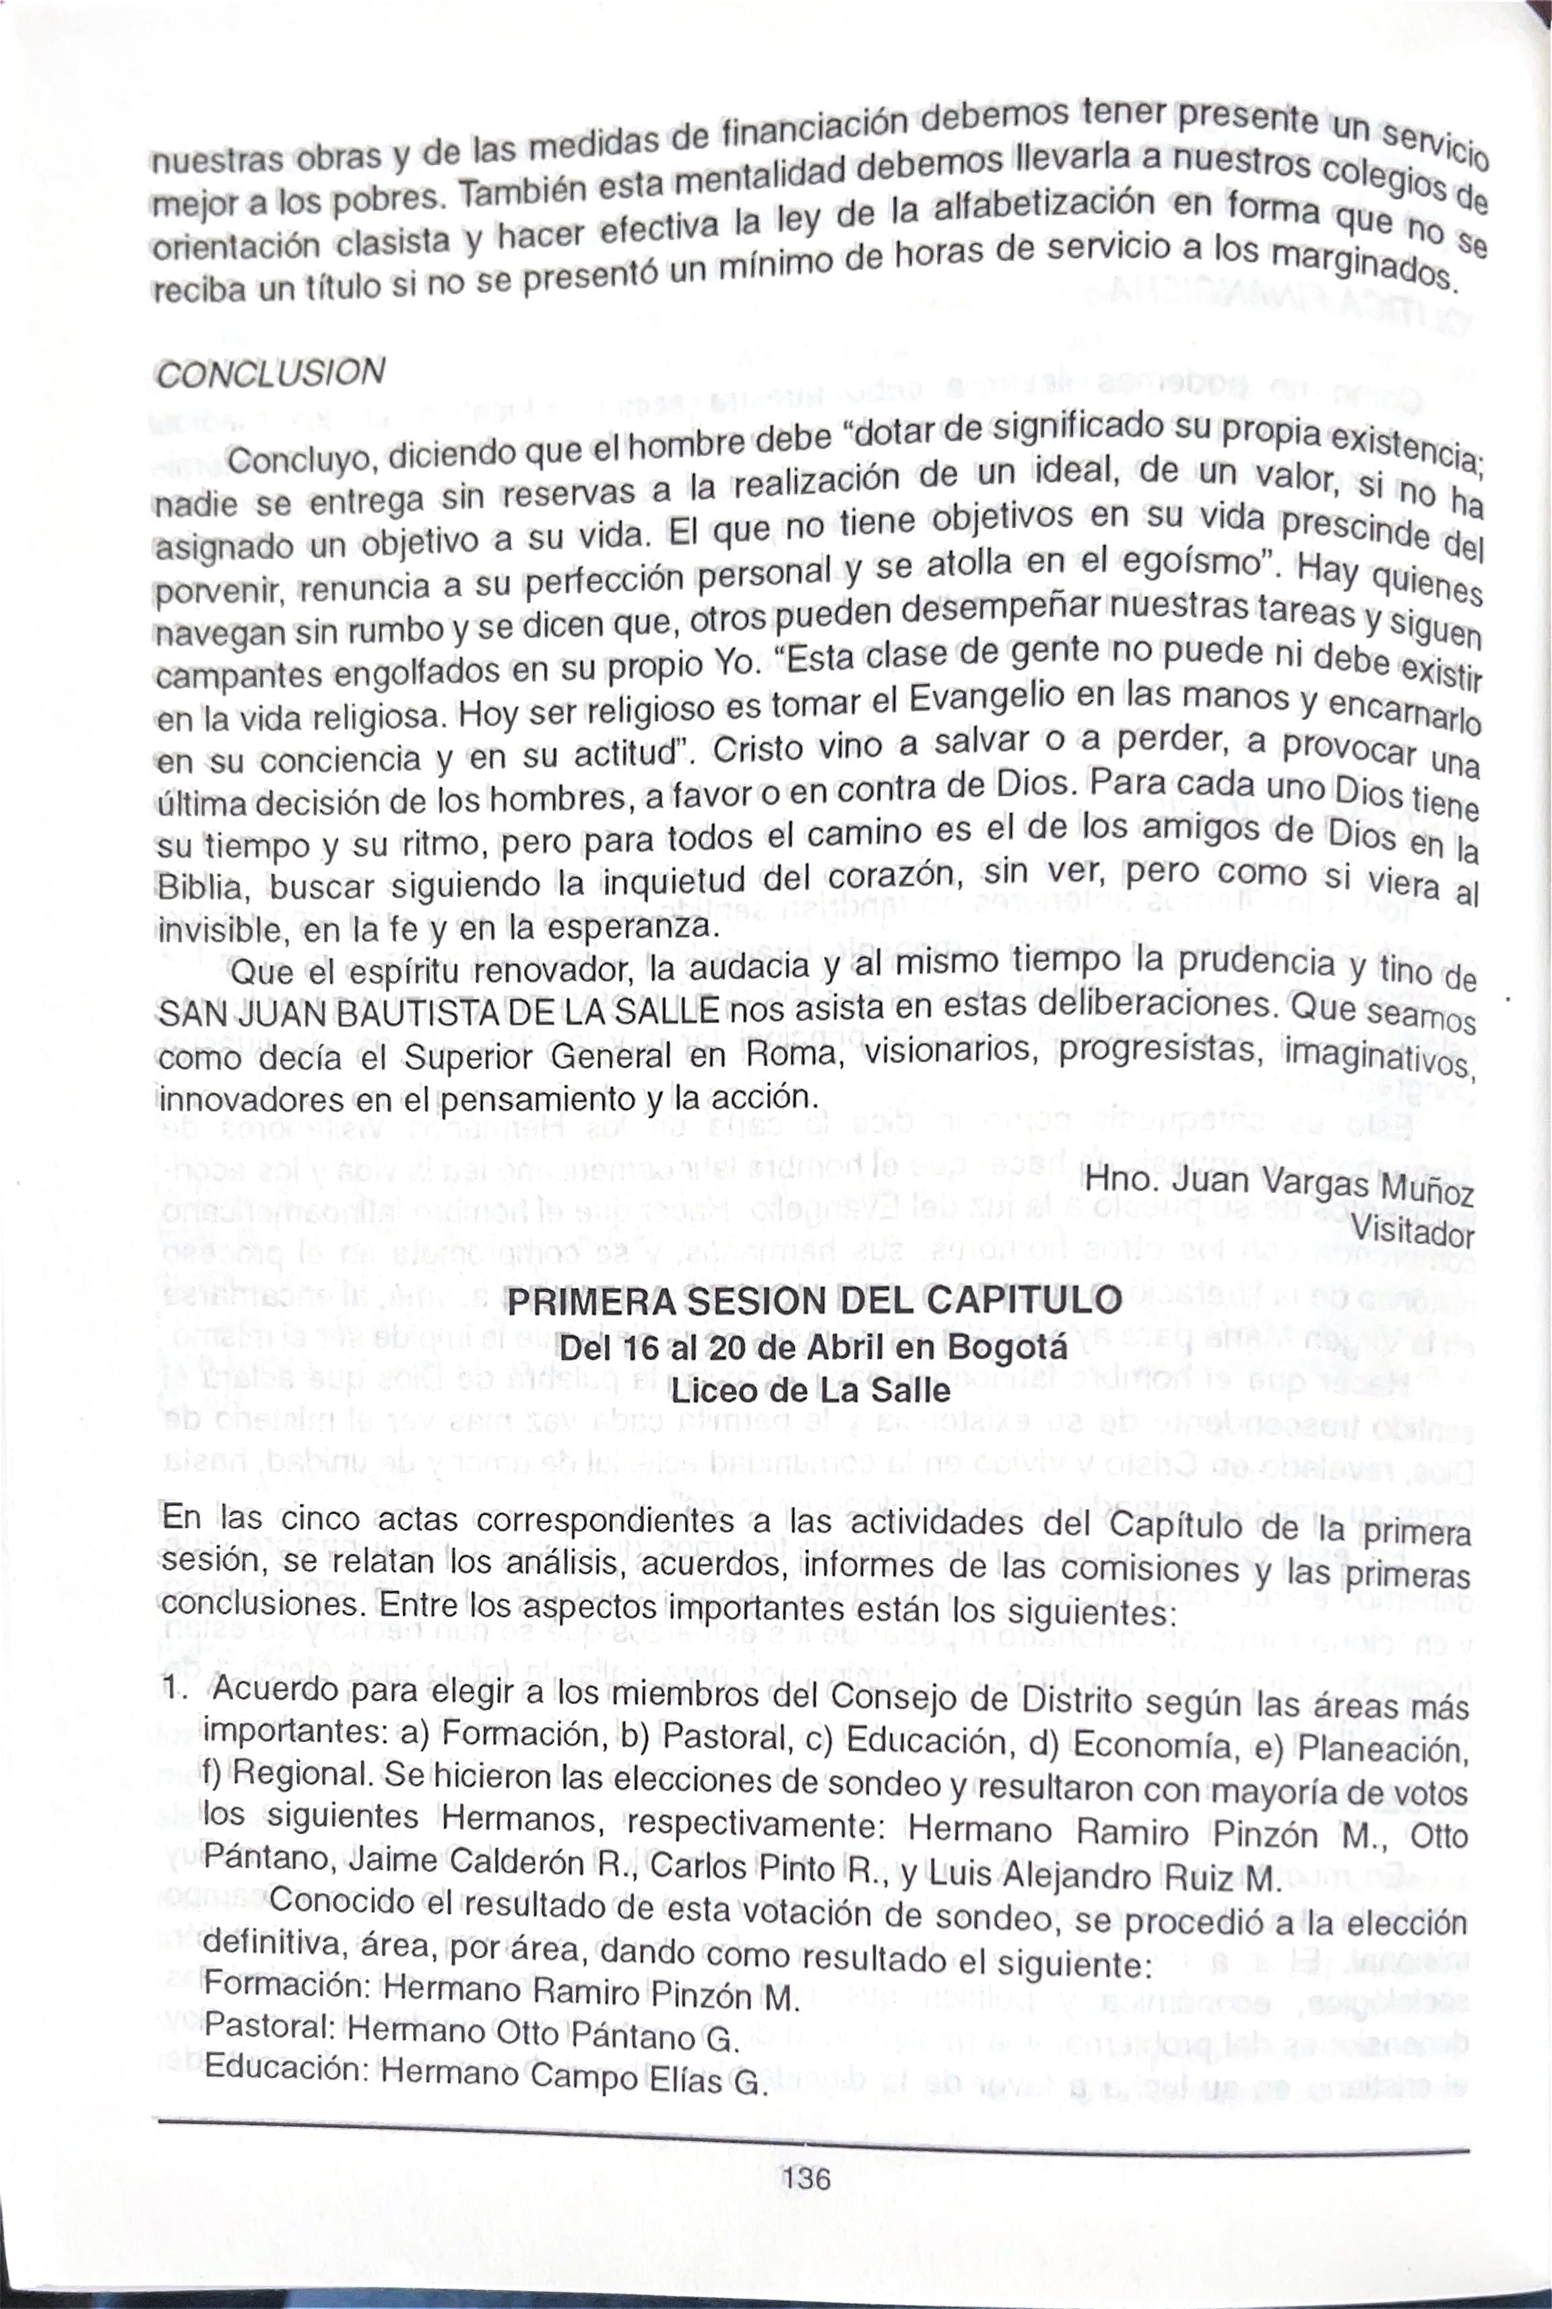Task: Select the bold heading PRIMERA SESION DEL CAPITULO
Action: [x=814, y=1299]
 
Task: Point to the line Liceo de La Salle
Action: [x=810, y=1390]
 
